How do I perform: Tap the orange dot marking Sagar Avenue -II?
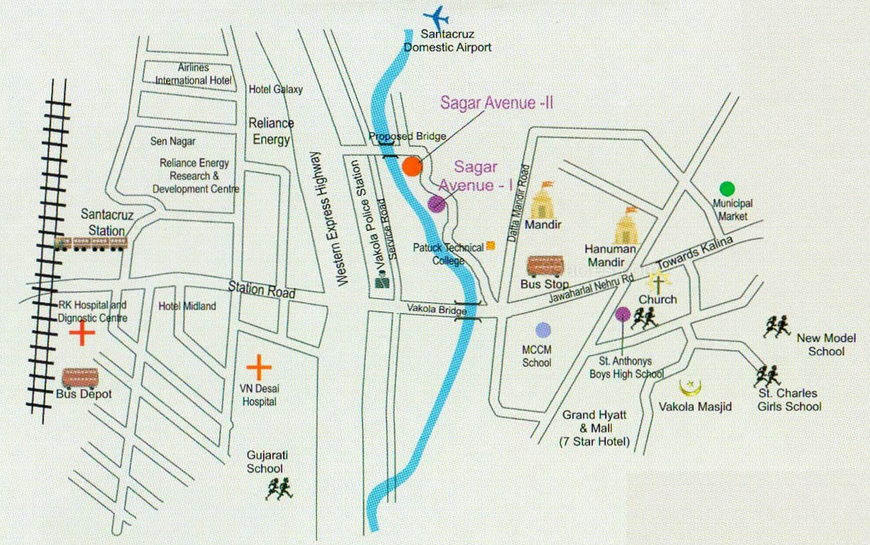coord(412,166)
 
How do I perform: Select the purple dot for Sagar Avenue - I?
coord(436,204)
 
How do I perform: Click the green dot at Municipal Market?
coord(726,188)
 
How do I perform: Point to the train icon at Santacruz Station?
coord(91,244)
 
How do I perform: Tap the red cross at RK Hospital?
coord(81,334)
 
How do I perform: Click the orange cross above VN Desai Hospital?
coord(258,365)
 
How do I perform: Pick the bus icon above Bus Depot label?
coord(80,378)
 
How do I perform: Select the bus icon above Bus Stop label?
coord(545,266)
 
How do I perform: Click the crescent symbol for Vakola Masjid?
coord(688,388)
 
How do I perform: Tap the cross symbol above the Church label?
coord(657,282)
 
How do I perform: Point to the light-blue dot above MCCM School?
coord(543,330)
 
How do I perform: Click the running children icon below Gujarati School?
coord(279,490)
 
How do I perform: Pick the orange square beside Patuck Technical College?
coord(490,246)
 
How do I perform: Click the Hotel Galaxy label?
coord(275,89)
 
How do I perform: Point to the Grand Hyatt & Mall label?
coord(595,428)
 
